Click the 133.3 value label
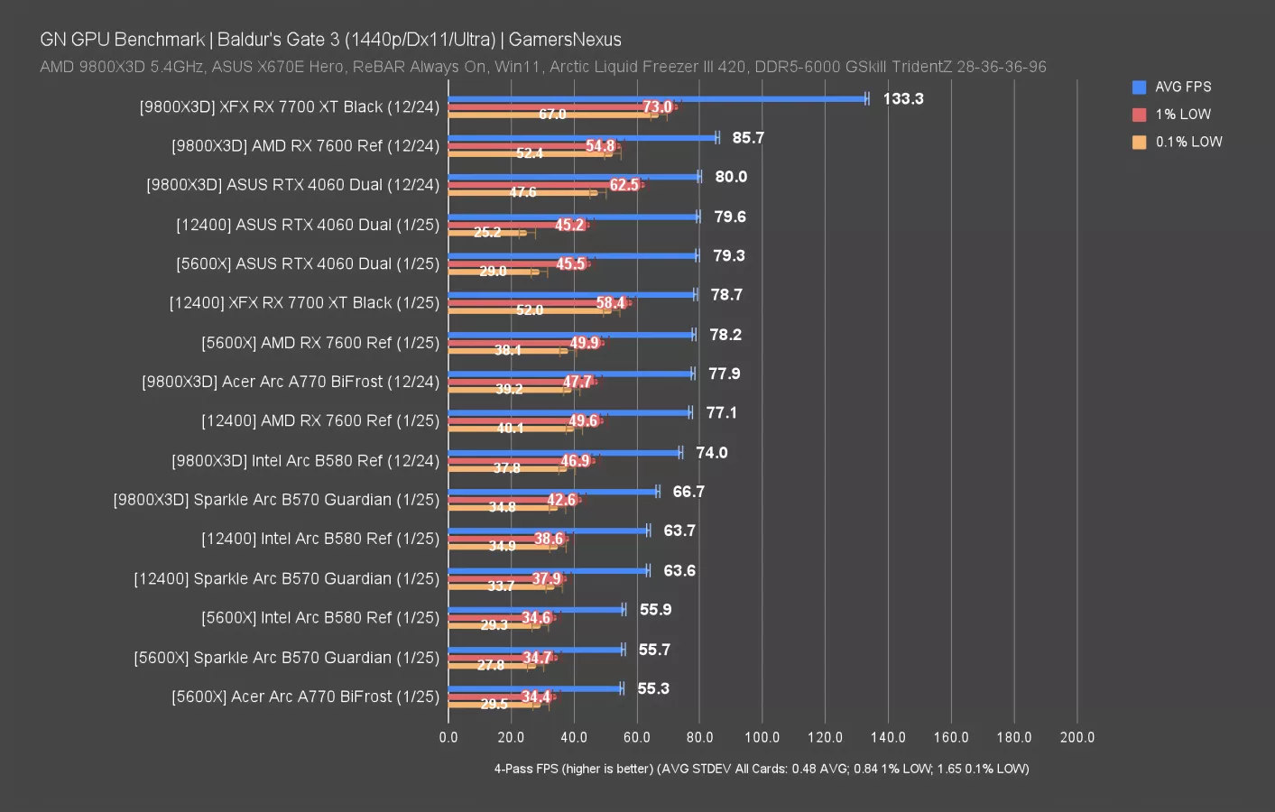point(902,99)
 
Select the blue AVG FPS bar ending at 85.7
point(582,138)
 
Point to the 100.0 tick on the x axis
point(762,737)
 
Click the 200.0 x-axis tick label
point(1076,737)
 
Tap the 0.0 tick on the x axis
point(448,737)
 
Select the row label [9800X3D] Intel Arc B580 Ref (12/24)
point(305,461)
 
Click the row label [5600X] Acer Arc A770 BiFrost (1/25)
point(305,697)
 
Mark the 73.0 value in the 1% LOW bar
point(657,107)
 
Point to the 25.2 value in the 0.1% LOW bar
point(487,233)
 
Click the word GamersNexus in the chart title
point(565,40)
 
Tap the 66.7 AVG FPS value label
point(688,492)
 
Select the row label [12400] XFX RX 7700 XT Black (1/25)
point(304,303)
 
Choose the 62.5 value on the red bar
point(624,185)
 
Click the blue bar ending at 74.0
point(564,453)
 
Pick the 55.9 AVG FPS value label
point(655,610)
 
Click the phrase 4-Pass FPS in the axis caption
point(525,769)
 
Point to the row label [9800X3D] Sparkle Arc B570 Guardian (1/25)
point(276,500)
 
